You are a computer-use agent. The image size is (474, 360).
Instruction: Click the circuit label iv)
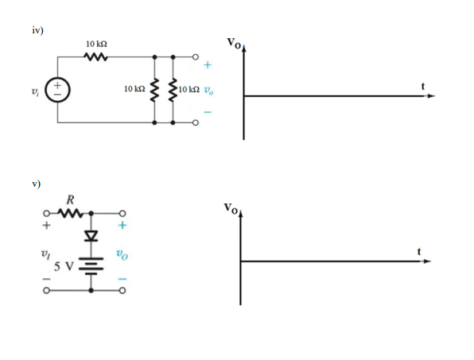point(37,30)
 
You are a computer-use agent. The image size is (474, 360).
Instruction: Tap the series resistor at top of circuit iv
point(95,57)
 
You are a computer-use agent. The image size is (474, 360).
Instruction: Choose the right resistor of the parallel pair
point(173,90)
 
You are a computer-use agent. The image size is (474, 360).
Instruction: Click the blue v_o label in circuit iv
point(209,90)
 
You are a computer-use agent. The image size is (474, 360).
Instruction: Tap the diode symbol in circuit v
point(94,236)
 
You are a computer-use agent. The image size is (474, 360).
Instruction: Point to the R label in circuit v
point(72,199)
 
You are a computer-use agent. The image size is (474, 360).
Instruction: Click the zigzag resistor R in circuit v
point(72,213)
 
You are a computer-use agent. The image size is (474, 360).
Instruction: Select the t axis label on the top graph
point(422,85)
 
